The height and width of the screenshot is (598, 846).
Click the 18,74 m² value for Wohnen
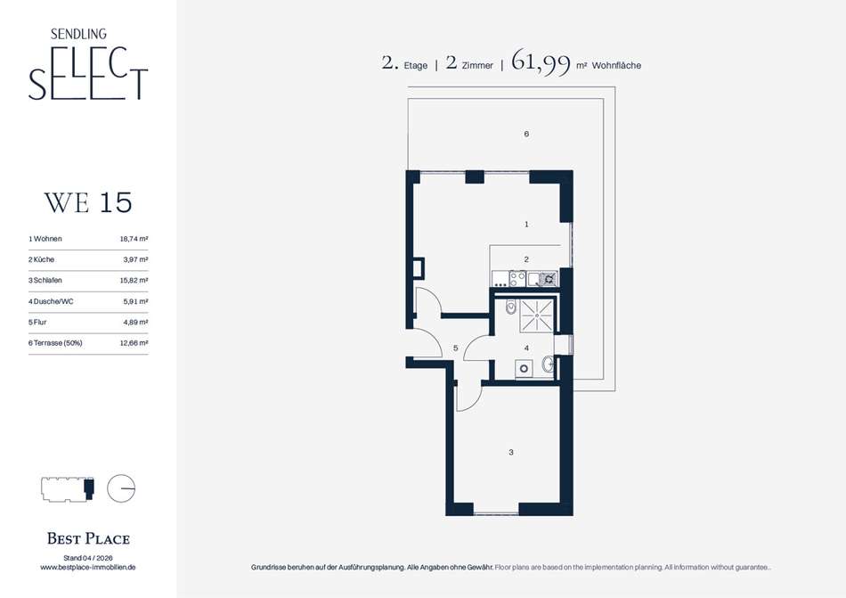coord(134,239)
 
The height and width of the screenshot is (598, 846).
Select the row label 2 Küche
coord(42,259)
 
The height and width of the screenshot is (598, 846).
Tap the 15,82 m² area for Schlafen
coord(134,281)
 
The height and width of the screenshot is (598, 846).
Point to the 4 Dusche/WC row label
coord(51,301)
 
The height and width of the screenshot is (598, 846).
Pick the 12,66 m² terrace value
coord(134,343)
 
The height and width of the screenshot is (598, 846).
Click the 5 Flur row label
coord(37,323)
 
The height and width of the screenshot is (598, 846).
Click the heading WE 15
coord(88,203)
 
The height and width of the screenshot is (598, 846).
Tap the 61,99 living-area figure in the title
coord(541,62)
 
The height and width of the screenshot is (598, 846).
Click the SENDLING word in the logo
coord(78,34)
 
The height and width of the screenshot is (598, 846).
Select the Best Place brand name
coord(88,538)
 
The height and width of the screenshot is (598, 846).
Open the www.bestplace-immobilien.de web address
coord(88,567)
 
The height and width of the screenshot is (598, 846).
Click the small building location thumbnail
coord(68,489)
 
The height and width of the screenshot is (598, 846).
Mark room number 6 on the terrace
coord(526,134)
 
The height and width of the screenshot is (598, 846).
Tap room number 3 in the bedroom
coord(511,452)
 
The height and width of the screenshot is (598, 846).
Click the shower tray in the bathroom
coord(536,315)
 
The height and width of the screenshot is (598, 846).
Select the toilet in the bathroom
coord(511,307)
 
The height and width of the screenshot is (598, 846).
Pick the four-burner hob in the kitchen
coord(517,278)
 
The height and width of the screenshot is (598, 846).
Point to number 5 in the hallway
coord(456,348)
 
